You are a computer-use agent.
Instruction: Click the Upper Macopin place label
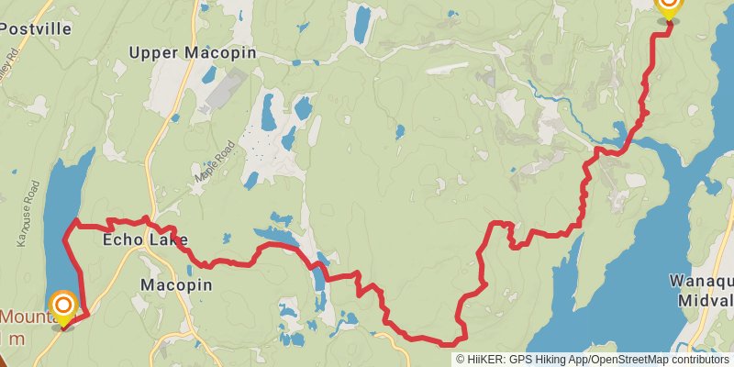click(192, 52)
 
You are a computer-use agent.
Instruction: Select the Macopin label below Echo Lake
click(176, 285)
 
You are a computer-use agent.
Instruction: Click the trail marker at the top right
click(669, 6)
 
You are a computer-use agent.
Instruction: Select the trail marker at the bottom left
click(63, 306)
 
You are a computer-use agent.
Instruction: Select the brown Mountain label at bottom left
click(28, 318)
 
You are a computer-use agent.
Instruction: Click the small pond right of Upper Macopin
click(268, 111)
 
